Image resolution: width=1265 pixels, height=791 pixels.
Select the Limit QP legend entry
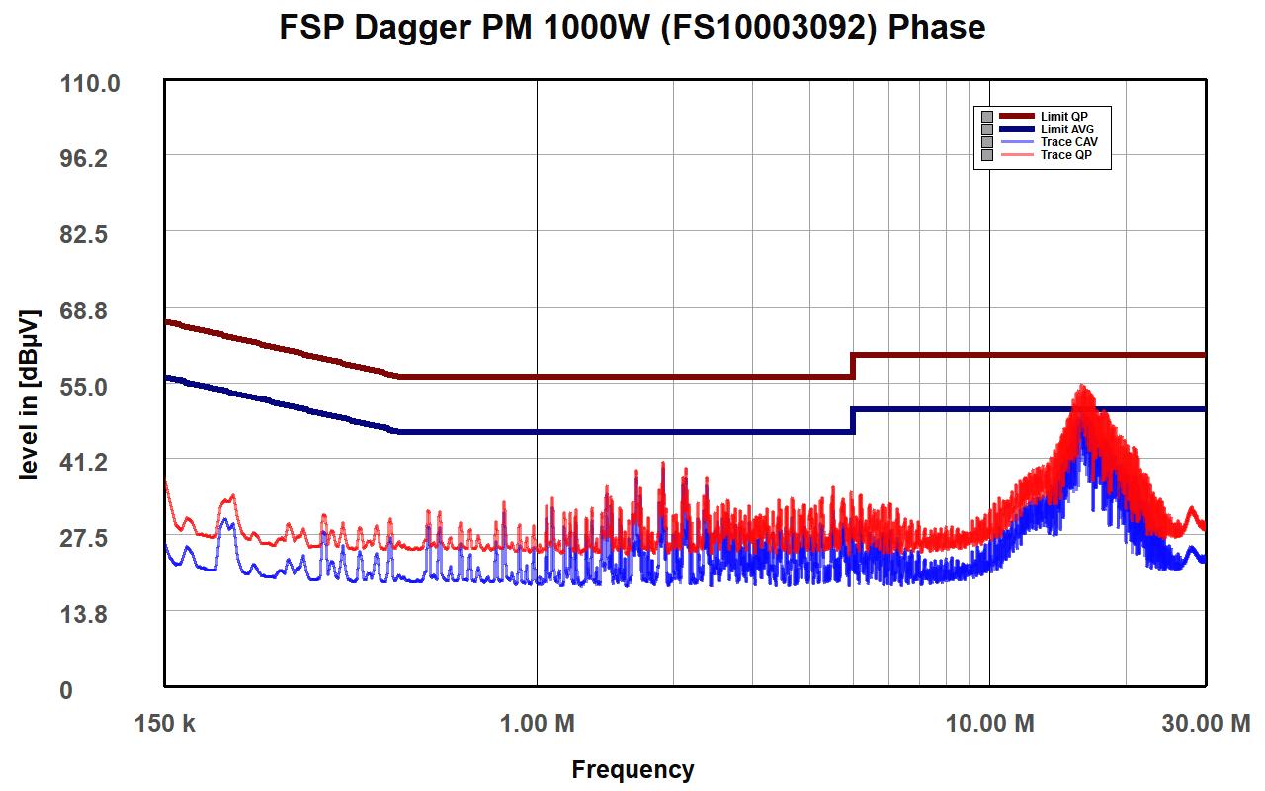(1062, 117)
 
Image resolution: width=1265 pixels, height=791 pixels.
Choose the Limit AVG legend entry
(1066, 130)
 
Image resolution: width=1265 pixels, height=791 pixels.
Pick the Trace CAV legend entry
(1068, 142)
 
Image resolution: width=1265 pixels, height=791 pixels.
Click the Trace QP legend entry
(1065, 155)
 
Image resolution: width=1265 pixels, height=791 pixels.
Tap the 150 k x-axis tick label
(164, 724)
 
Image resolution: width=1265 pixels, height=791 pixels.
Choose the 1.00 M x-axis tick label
(537, 724)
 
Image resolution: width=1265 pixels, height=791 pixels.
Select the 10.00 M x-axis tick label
(989, 724)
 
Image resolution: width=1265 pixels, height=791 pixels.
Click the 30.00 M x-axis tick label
(1205, 724)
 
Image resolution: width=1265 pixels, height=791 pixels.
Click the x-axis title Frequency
(632, 769)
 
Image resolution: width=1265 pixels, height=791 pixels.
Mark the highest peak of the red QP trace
(1084, 386)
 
